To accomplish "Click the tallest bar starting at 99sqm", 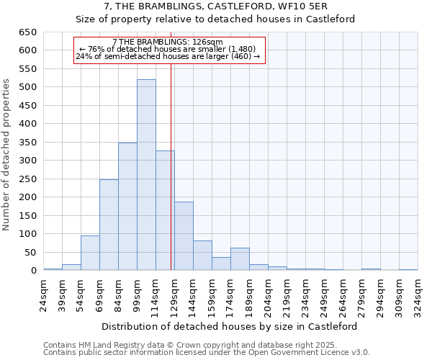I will pyautogui.click(x=146, y=175).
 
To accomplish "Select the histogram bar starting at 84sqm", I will pyautogui.click(x=127, y=207).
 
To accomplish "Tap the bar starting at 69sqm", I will pyautogui.click(x=109, y=225).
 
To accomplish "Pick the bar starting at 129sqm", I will pyautogui.click(x=184, y=236).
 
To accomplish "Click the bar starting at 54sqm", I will pyautogui.click(x=90, y=253).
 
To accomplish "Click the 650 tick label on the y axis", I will pyautogui.click(x=27, y=32).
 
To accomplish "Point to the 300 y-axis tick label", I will pyautogui.click(x=27, y=161).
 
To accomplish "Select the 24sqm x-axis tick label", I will pyautogui.click(x=44, y=294).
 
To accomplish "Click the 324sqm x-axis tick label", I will pyautogui.click(x=418, y=294).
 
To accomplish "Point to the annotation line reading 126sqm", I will pyautogui.click(x=170, y=42).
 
